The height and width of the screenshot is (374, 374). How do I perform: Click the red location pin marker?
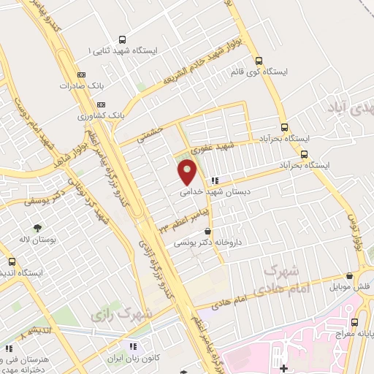point(188,172)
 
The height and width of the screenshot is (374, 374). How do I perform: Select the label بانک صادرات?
point(80,85)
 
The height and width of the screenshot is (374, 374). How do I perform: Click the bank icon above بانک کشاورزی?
point(80,104)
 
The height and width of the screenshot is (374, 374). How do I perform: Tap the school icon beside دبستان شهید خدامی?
point(213,180)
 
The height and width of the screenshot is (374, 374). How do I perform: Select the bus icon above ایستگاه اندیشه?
point(11,261)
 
